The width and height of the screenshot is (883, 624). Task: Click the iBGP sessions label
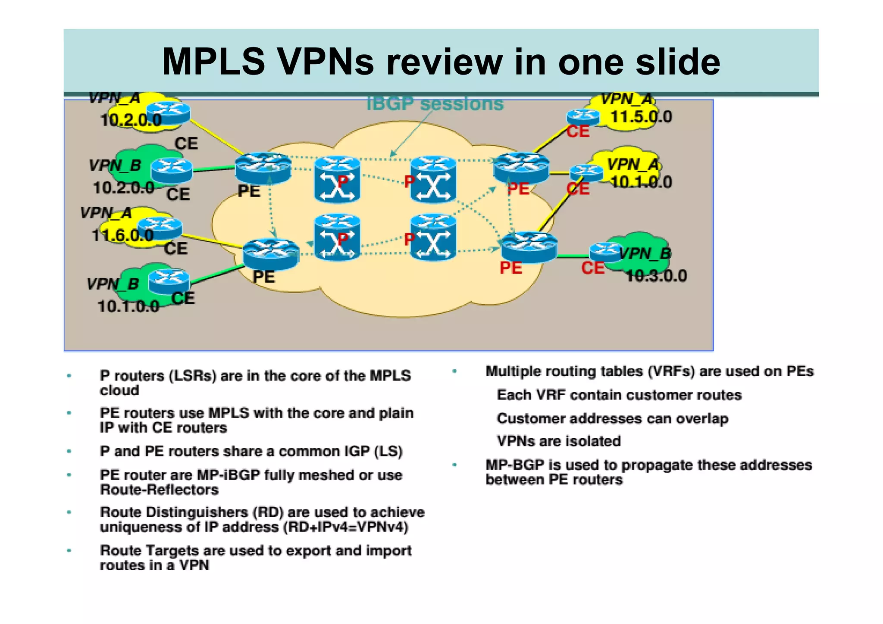coord(435,104)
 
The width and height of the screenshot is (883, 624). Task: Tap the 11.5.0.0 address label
coord(641,117)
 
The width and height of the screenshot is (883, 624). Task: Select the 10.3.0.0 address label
coord(656,276)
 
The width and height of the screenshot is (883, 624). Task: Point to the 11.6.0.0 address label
coord(122,235)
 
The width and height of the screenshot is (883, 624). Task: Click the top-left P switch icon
coord(337,179)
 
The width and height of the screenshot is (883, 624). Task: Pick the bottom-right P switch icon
coord(433,238)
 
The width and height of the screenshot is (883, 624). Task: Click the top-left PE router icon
coord(263,168)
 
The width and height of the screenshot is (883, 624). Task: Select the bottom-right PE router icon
coord(529,247)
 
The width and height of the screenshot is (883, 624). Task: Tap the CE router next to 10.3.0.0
coord(606,252)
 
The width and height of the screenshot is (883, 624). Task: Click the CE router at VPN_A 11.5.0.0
coord(582,116)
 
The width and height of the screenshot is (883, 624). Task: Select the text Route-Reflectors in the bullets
coord(159,490)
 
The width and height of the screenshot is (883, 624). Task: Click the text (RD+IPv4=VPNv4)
coord(345,527)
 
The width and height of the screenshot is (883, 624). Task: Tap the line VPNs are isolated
coord(559,441)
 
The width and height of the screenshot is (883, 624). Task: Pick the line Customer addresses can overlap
coord(612,418)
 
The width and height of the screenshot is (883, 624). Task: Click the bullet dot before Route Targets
coord(69,550)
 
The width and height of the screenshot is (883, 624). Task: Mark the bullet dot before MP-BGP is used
coord(454,465)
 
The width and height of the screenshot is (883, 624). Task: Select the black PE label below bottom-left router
coord(263,277)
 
